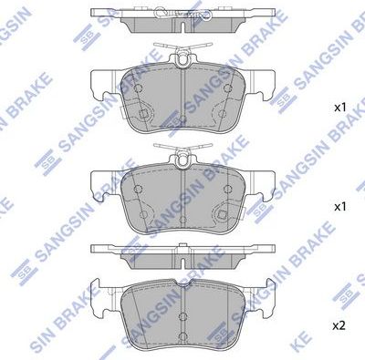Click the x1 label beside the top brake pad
point(340,108)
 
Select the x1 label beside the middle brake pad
point(340,207)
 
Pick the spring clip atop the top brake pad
point(182,57)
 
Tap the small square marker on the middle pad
point(220,216)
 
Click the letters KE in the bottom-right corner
point(351,346)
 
